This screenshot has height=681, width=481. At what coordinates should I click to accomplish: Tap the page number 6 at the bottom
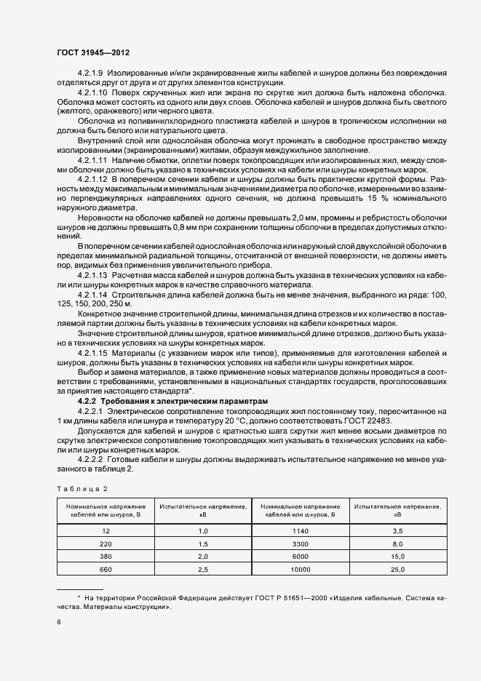coord(60,622)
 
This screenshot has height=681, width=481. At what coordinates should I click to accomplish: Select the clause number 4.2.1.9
coord(90,73)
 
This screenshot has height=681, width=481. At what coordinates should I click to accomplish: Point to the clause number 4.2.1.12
coord(92,178)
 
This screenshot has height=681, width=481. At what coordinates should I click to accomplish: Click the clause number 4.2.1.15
coord(92,353)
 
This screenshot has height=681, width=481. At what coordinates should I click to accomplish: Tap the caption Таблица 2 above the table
coord(82,488)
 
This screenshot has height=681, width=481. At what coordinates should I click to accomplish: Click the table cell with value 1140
coord(300,531)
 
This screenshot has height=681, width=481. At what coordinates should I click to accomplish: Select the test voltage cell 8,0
coord(398,543)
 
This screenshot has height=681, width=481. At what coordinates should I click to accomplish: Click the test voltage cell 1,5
coord(203,543)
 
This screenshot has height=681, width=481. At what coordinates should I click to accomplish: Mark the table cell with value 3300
coord(300,543)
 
